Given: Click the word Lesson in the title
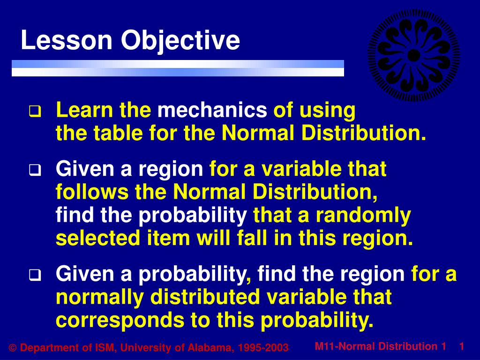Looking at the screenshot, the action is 67,40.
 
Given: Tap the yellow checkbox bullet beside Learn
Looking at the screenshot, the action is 35,112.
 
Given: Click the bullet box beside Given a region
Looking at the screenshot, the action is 35,170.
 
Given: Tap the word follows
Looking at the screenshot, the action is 92,192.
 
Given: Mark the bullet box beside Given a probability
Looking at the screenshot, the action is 35,275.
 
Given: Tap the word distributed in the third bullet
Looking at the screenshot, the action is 205,297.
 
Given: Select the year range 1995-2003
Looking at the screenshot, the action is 263,348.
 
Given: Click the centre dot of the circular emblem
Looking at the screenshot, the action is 414,55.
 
